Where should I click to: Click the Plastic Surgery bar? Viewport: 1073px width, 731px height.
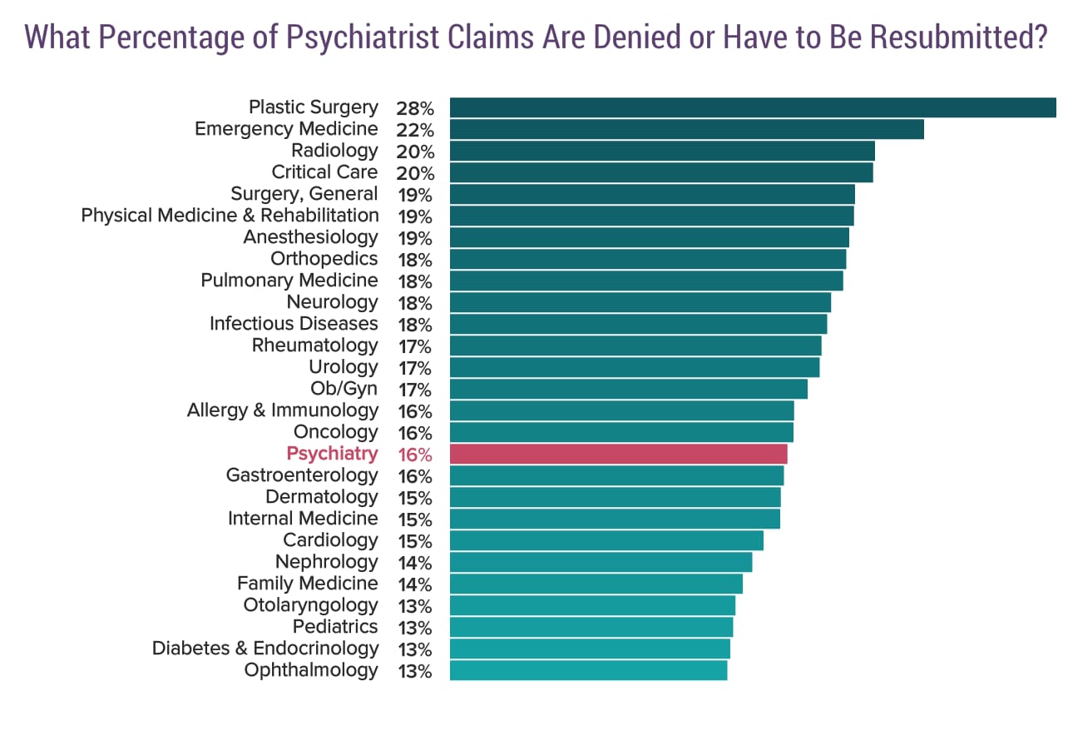[x=753, y=108]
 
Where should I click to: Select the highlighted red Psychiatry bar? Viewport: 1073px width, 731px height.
[x=618, y=454]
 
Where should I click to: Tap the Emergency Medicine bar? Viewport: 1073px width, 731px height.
[x=686, y=129]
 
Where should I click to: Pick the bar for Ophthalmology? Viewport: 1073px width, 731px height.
[x=588, y=670]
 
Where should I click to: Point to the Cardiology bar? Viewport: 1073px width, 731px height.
[x=606, y=540]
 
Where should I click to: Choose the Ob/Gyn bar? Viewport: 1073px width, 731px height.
[x=628, y=389]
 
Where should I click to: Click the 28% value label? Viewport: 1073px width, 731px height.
[x=414, y=108]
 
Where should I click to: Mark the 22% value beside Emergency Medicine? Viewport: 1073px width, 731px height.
[x=414, y=130]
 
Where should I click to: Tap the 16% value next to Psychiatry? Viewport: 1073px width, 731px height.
[x=414, y=455]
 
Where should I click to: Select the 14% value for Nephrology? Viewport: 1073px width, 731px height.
[x=414, y=563]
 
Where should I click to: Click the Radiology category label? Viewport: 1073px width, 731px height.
[x=334, y=151]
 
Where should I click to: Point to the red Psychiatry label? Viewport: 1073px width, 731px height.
[x=332, y=454]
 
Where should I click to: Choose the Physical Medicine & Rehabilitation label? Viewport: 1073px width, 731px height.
[x=230, y=216]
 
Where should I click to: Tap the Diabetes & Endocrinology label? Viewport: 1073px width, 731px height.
[x=265, y=649]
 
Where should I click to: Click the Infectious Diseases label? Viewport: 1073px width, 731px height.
[x=294, y=324]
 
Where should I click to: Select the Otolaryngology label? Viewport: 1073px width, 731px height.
[x=310, y=605]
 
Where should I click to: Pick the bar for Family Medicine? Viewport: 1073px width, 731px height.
[x=596, y=584]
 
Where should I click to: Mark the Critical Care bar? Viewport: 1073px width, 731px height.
[x=661, y=172]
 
